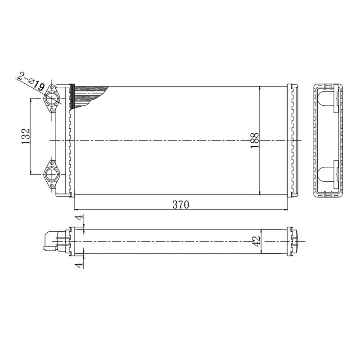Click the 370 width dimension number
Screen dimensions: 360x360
(x=180, y=204)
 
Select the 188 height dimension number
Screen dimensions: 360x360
(x=254, y=141)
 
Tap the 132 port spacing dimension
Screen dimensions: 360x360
(x=25, y=136)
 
